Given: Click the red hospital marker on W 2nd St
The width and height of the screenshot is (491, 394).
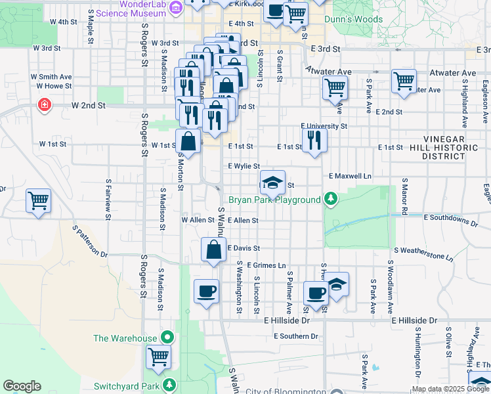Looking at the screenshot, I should click(x=45, y=105).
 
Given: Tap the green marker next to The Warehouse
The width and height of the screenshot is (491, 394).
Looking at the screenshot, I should click(x=168, y=338).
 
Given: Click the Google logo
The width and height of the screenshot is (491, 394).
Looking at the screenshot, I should click(x=22, y=386).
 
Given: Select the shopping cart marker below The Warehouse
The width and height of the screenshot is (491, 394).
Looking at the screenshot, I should click(x=159, y=357).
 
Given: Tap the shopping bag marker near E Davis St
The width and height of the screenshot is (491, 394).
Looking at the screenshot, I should click(x=213, y=250).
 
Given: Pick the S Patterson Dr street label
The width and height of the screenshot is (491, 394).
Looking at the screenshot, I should click(x=89, y=241).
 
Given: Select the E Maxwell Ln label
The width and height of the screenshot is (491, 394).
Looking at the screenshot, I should click(x=350, y=176).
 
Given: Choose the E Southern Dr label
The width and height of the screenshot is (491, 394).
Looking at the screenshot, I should click(x=295, y=336).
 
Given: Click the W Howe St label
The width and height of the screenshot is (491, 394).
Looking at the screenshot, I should click(x=54, y=86).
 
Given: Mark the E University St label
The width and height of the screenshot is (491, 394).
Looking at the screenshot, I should click(x=324, y=125).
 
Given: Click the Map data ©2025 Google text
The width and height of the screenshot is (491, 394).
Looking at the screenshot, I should click(x=450, y=389).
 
